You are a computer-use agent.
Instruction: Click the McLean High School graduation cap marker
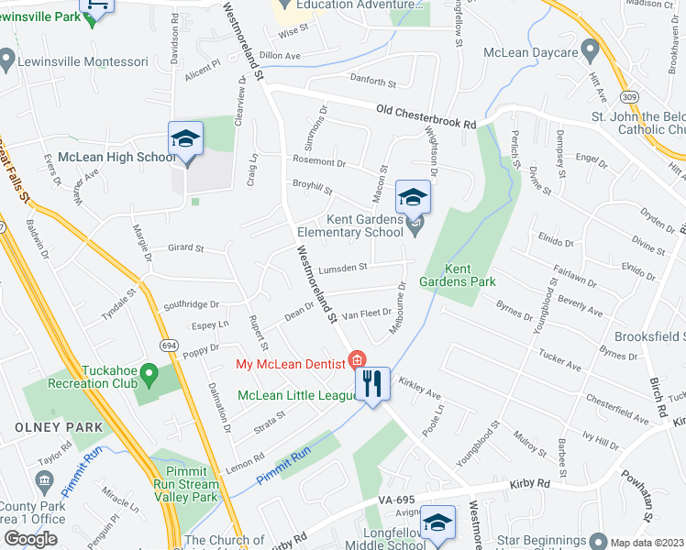point(185,140)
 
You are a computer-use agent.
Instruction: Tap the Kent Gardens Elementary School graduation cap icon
point(414,196)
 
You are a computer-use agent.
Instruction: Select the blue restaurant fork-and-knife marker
point(372,383)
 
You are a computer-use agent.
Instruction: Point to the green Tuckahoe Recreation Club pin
point(151,375)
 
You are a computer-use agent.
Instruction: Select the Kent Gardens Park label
point(445,275)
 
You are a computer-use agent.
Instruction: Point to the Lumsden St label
point(344,268)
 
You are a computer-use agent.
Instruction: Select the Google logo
point(30,539)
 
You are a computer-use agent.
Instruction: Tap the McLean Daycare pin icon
point(592,51)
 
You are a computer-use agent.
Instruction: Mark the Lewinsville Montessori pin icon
point(7,61)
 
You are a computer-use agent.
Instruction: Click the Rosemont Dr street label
point(319,162)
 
